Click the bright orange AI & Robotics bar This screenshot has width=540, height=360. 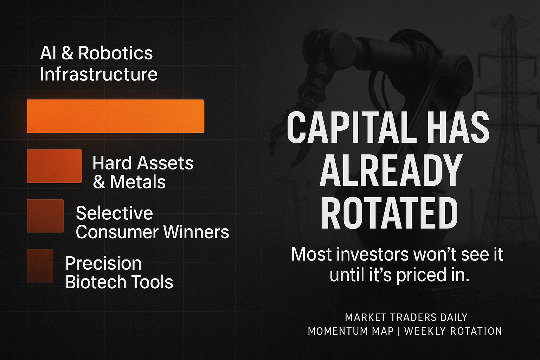(x=116, y=116)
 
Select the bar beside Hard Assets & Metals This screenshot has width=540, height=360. (x=54, y=166)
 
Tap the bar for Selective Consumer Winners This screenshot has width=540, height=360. (x=46, y=216)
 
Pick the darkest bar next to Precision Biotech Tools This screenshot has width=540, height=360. (x=40, y=266)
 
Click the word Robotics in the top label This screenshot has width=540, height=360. (x=115, y=53)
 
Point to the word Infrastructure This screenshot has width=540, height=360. (x=99, y=74)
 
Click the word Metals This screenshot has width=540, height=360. (x=137, y=182)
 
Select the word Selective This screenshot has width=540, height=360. (x=114, y=213)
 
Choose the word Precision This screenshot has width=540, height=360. (x=103, y=263)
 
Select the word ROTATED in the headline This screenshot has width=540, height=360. (x=390, y=213)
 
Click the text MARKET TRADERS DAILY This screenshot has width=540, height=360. (x=406, y=317)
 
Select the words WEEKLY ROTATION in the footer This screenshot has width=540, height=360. (x=453, y=331)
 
